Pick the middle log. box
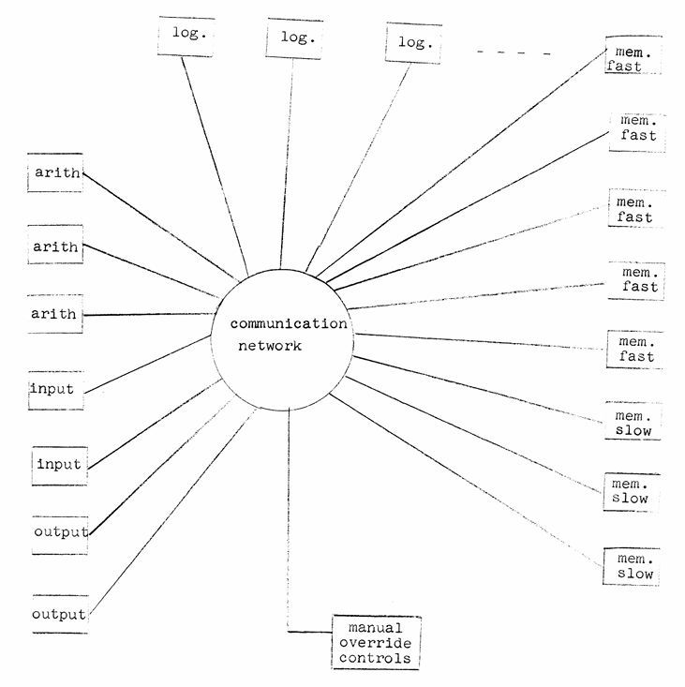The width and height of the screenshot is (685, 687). (295, 37)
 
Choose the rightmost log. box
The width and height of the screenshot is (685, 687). (413, 43)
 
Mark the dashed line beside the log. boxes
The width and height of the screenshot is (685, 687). (514, 52)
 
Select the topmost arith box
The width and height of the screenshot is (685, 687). (56, 173)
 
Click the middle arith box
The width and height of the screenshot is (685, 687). (56, 248)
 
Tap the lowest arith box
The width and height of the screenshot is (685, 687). (55, 314)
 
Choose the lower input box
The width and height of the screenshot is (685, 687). (59, 464)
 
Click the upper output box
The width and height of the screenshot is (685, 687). (60, 532)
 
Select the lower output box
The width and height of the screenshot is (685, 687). (59, 615)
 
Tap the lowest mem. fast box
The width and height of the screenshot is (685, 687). (636, 349)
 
